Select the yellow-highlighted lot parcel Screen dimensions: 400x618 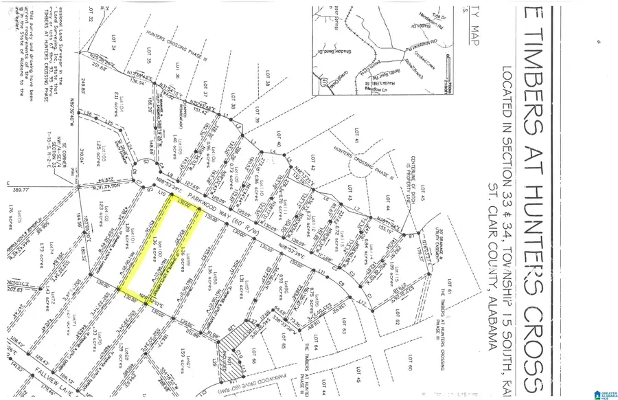click(x=159, y=252)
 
